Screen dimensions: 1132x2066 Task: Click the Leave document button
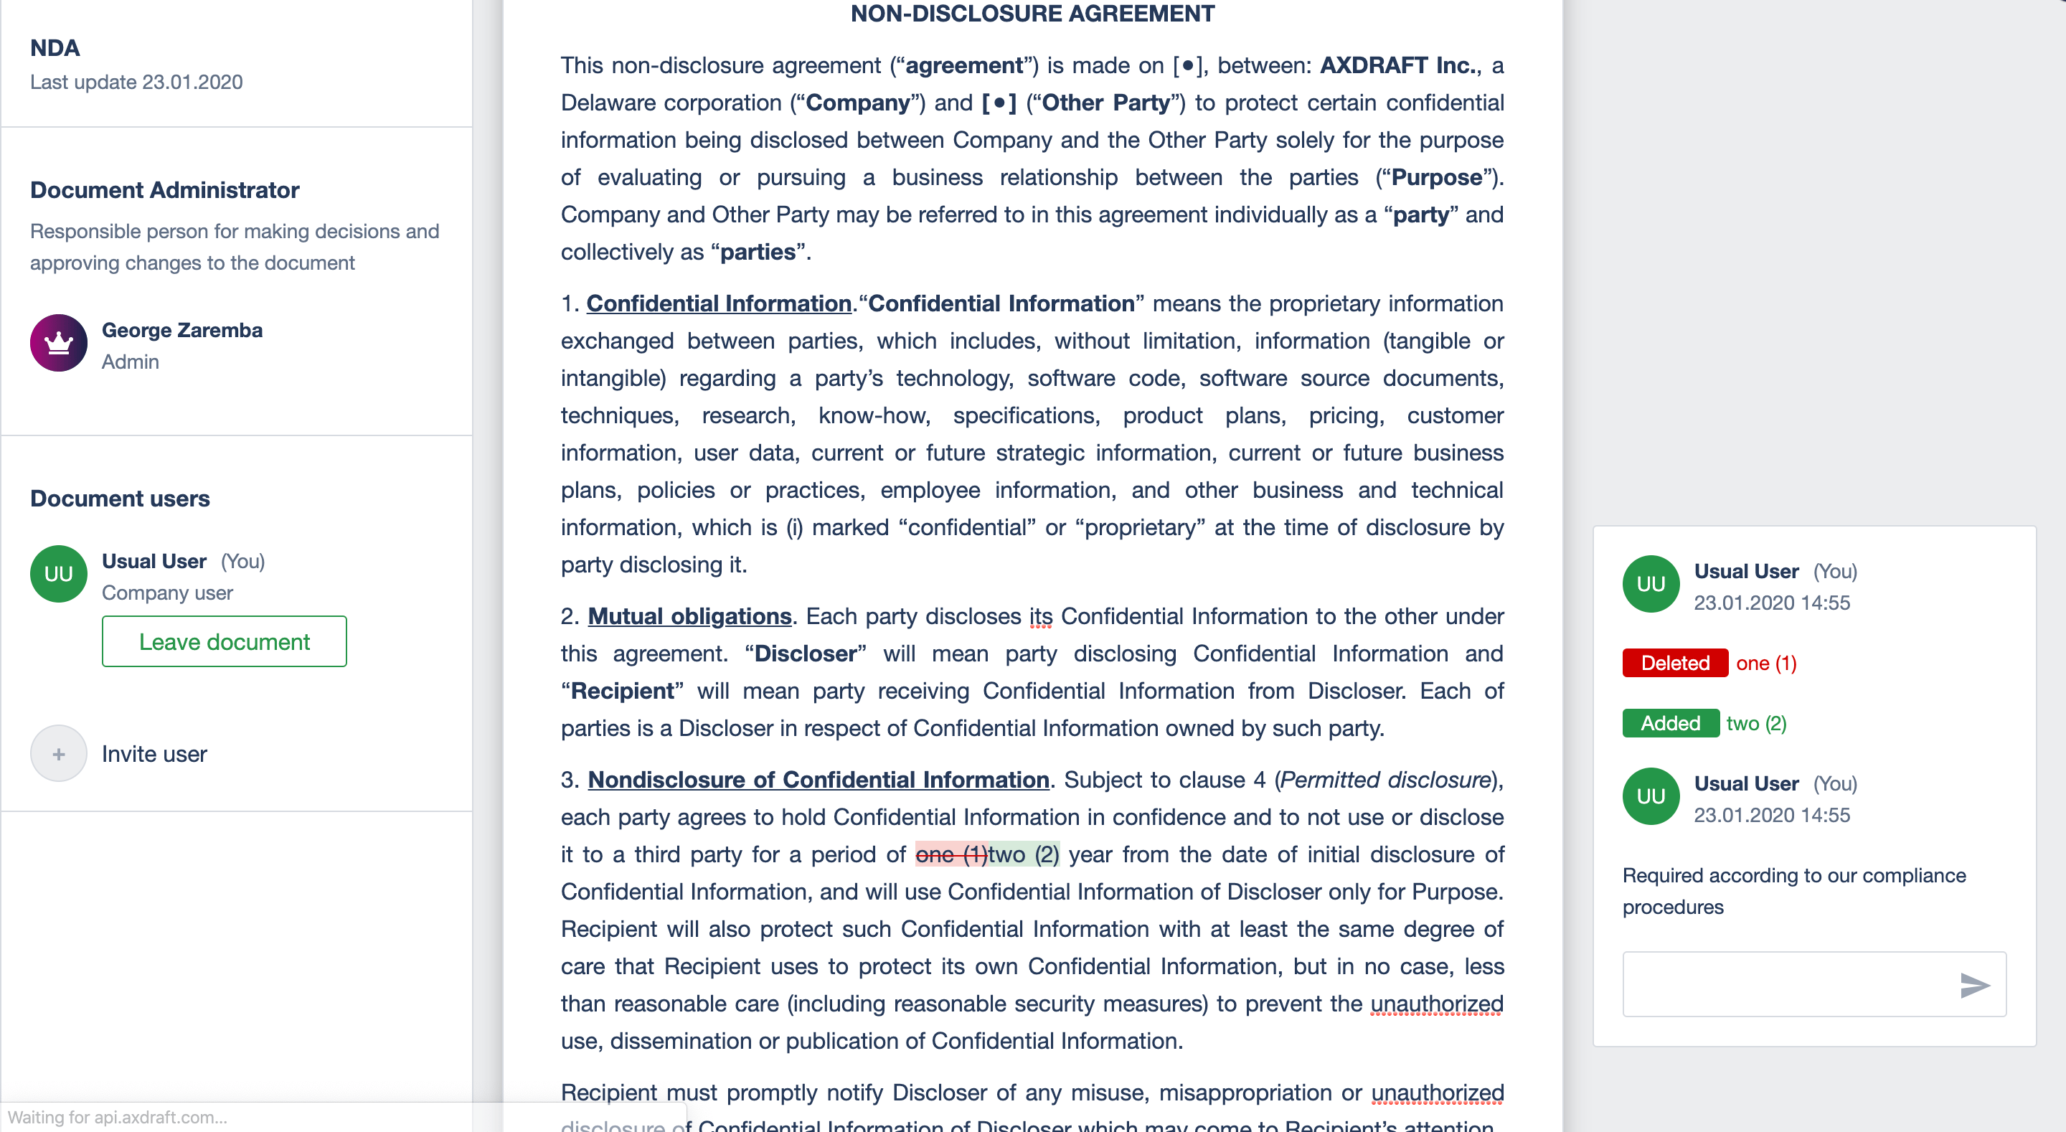224,641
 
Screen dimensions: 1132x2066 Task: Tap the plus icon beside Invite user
59,753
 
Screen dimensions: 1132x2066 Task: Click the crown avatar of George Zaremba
59,343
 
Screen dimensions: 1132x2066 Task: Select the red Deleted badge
1674,663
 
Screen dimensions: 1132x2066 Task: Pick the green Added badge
1670,723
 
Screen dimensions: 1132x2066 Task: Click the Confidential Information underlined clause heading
718,303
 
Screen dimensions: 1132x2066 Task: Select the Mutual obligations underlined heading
689,616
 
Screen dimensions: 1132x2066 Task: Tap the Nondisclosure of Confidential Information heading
818,780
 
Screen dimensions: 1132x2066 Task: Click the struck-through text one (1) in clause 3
951,854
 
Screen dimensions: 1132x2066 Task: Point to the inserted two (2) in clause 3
1024,854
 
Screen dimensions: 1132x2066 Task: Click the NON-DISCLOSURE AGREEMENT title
1032,14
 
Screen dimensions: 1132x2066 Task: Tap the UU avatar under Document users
59,574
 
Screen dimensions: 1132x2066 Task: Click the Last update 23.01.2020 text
136,82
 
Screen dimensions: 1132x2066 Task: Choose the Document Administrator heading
164,189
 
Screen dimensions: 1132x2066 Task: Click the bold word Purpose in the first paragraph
1435,177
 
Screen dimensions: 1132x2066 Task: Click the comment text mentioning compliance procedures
1793,890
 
